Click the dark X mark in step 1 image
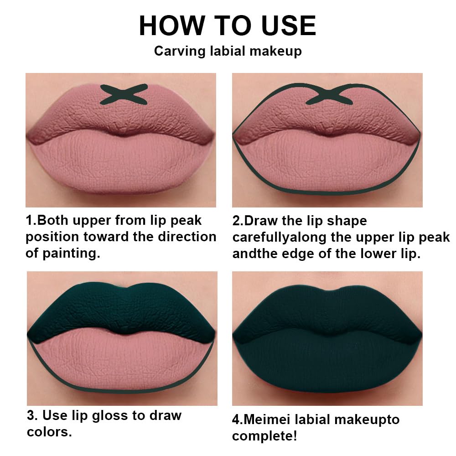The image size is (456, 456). point(124,94)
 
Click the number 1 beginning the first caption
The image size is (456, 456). point(29,221)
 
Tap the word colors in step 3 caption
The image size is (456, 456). point(48,431)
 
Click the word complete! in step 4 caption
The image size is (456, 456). point(264,435)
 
